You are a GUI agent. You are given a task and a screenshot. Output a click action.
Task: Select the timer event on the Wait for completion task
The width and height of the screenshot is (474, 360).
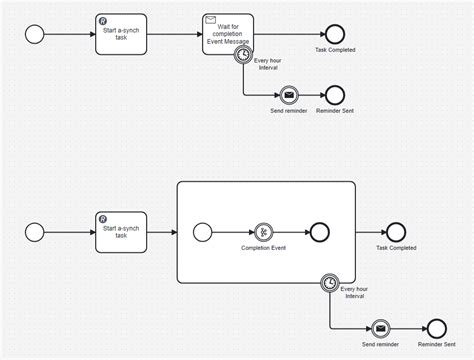coord(243,57)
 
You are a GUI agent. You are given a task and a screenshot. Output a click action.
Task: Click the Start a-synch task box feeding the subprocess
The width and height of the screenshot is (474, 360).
coord(121,231)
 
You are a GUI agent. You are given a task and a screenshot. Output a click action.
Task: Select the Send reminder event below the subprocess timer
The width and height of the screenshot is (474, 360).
coord(380,328)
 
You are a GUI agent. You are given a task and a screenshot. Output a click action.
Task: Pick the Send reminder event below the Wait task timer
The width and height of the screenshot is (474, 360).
coord(287,95)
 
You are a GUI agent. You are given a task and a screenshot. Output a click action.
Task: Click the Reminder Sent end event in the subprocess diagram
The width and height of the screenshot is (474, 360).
coord(435,328)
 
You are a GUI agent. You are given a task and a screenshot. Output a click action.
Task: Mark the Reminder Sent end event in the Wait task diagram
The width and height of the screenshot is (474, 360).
coord(334,95)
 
